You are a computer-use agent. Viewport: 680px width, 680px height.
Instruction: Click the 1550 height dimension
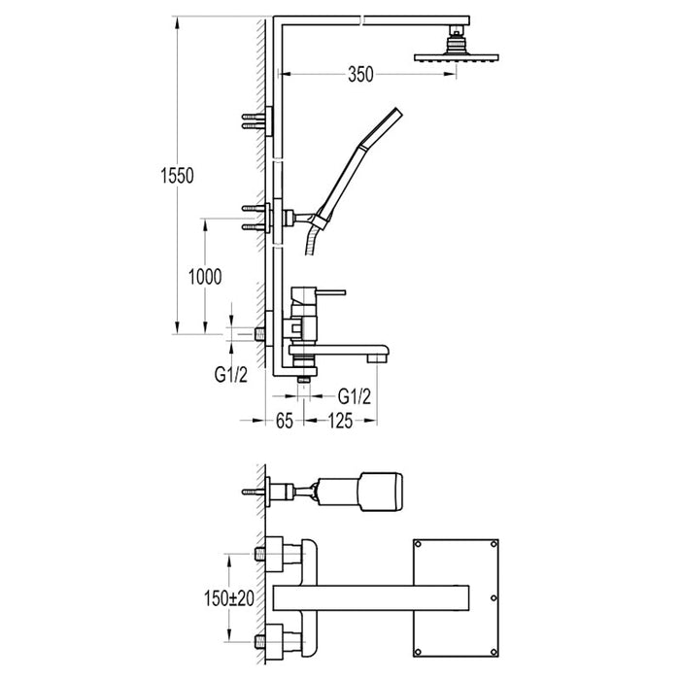click(180, 176)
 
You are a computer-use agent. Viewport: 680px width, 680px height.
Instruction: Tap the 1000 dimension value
click(207, 276)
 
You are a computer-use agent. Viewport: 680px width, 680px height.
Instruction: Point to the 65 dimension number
click(285, 422)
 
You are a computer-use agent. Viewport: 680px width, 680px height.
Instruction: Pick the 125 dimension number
click(339, 422)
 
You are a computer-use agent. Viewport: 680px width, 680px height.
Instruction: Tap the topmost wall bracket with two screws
click(258, 120)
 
